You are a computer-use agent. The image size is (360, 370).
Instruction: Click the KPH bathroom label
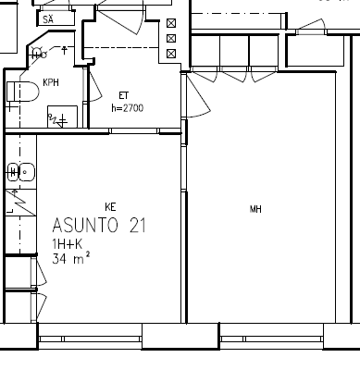tap(51, 82)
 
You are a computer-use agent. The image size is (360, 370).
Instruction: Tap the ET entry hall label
tap(124, 95)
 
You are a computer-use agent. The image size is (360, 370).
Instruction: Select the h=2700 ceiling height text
tap(128, 108)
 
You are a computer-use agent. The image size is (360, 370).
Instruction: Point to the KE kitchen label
tap(110, 207)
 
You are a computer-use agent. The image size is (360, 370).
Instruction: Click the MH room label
tap(255, 210)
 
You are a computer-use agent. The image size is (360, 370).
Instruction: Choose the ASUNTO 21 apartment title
tap(99, 225)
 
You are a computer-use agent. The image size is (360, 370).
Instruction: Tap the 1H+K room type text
tap(68, 244)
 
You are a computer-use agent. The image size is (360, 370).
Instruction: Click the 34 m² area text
tap(71, 258)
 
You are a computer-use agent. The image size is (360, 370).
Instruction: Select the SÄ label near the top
tap(48, 19)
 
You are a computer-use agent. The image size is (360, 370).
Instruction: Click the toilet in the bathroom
tap(23, 92)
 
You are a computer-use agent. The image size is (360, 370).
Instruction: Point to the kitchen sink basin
tap(27, 172)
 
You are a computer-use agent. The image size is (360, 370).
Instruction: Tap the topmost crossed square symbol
tap(171, 23)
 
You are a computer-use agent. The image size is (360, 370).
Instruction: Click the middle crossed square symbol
tap(171, 38)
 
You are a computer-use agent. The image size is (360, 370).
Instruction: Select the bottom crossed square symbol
tap(171, 54)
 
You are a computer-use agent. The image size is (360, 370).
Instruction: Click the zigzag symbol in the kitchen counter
tap(21, 203)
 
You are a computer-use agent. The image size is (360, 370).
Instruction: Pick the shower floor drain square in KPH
tap(62, 117)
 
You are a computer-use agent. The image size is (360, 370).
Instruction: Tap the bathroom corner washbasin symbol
tap(38, 54)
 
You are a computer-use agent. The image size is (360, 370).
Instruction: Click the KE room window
tap(90, 339)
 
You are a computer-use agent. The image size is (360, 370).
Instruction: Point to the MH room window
tap(272, 339)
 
